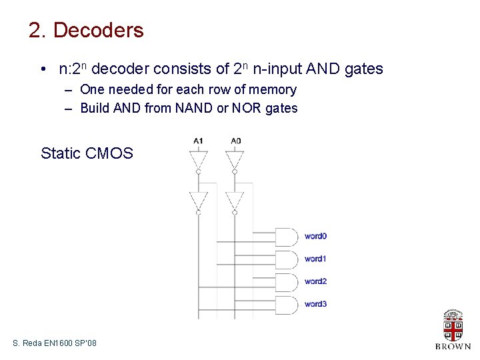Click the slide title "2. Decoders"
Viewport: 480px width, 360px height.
pyautogui.click(x=86, y=31)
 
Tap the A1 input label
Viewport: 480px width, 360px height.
pyautogui.click(x=198, y=141)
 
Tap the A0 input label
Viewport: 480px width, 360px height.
pyautogui.click(x=235, y=141)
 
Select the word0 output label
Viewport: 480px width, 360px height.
pyautogui.click(x=315, y=236)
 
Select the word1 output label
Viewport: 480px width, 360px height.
pyautogui.click(x=315, y=259)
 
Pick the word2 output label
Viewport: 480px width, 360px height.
pyautogui.click(x=315, y=281)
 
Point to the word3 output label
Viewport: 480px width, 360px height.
pyautogui.click(x=315, y=304)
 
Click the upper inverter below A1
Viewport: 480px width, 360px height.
pyautogui.click(x=198, y=160)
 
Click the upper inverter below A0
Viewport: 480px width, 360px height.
pyautogui.click(x=235, y=160)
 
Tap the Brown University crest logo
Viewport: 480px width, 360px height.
pyautogui.click(x=453, y=326)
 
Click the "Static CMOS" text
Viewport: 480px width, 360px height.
pyautogui.click(x=87, y=153)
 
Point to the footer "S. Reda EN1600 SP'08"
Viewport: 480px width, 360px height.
pyautogui.click(x=55, y=343)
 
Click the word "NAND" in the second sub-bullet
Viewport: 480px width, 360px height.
pyautogui.click(x=194, y=108)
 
